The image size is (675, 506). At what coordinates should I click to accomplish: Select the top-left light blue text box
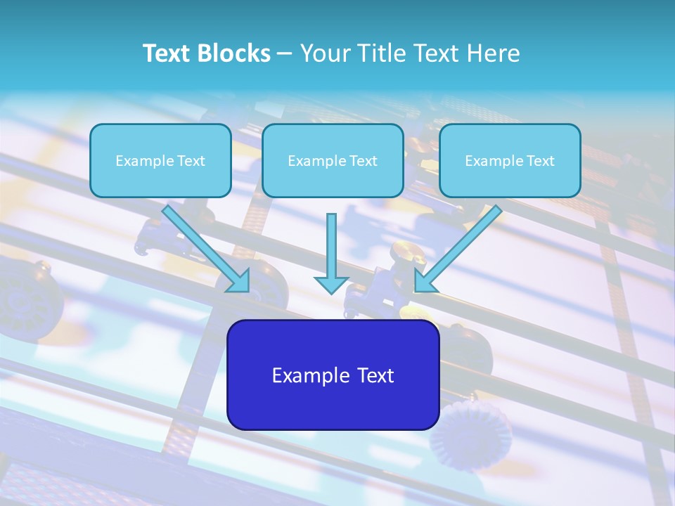160,160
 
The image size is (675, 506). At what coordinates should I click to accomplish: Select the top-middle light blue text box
333,160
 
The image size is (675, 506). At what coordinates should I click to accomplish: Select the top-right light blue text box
510,160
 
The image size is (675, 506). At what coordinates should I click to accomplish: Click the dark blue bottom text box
333,375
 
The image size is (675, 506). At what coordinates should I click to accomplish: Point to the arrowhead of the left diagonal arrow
239,281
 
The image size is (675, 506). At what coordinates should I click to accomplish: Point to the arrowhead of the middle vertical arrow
332,284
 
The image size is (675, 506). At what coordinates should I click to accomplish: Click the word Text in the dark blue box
374,375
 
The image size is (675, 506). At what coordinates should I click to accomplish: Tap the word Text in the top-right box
540,161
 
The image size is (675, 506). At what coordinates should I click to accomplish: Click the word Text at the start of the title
169,53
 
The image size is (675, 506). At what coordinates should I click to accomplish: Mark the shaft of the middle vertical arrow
332,242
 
